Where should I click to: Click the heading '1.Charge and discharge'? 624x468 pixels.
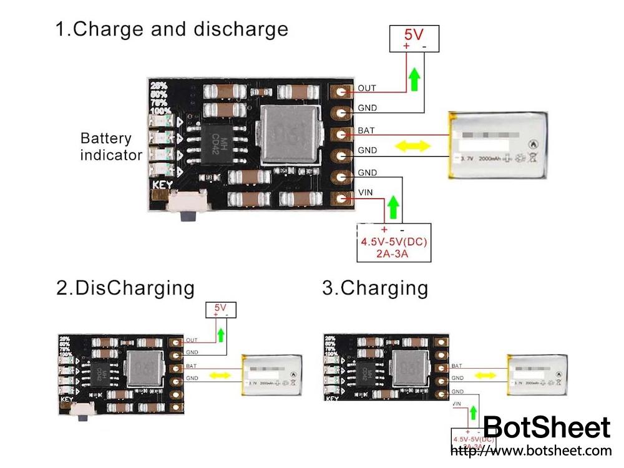(x=172, y=29)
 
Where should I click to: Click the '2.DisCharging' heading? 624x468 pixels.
(x=125, y=288)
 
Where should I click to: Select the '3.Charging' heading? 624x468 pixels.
(x=375, y=288)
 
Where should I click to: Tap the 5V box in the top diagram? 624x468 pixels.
(x=414, y=38)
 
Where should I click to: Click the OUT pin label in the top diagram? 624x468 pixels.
(x=367, y=89)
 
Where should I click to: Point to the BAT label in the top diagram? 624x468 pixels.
(x=366, y=130)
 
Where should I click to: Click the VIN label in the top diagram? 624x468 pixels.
(x=365, y=193)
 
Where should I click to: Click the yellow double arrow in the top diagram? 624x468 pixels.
(x=414, y=146)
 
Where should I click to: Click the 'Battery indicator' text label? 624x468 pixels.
(x=110, y=147)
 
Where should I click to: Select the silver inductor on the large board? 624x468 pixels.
(x=288, y=133)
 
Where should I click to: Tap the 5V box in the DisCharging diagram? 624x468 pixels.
(x=220, y=310)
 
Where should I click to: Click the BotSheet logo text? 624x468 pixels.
(x=547, y=427)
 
